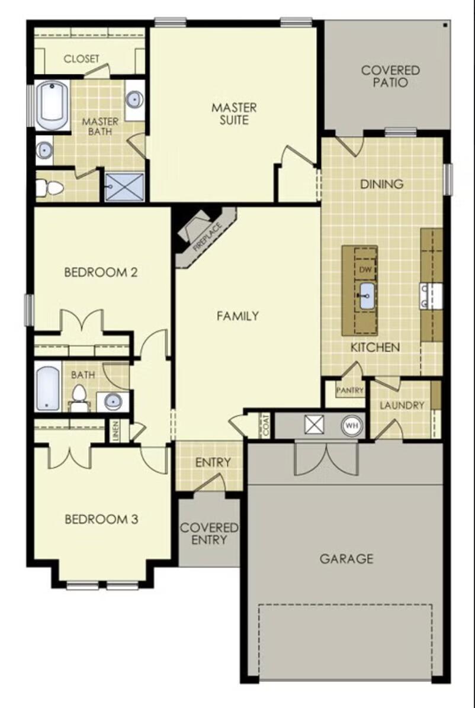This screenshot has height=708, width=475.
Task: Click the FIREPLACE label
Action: click(207, 234)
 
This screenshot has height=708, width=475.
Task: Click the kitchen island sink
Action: click(365, 295)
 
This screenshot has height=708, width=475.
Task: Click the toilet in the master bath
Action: click(51, 188)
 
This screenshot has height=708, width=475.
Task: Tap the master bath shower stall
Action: click(125, 186)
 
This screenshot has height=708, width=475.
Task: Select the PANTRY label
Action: click(349, 391)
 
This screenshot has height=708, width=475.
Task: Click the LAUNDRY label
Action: click(402, 406)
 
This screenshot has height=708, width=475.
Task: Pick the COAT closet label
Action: click(266, 424)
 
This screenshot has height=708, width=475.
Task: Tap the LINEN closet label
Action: click(116, 430)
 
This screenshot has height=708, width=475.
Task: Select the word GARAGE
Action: click(346, 558)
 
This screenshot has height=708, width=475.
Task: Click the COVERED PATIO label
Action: click(390, 76)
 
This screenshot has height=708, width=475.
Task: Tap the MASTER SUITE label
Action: click(235, 114)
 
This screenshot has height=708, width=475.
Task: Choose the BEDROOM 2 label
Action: click(101, 272)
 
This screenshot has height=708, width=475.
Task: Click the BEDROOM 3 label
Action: click(101, 519)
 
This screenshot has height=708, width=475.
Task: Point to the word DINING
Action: click(382, 184)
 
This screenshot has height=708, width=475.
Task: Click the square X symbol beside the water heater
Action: click(312, 425)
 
